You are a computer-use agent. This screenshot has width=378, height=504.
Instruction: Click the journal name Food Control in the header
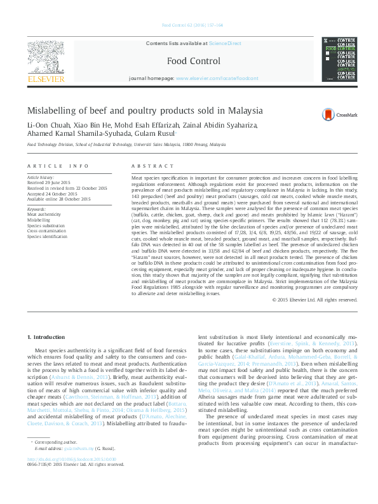[x=194, y=61]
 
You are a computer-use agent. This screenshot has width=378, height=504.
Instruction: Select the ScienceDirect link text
[x=225, y=43]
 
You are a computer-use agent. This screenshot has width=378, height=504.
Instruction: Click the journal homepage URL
[x=217, y=77]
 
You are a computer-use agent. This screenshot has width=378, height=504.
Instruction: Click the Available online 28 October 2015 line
[x=58, y=199]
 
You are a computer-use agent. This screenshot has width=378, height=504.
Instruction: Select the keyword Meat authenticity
[x=44, y=215]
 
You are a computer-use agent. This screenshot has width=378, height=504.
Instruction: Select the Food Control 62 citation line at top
[x=192, y=25]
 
